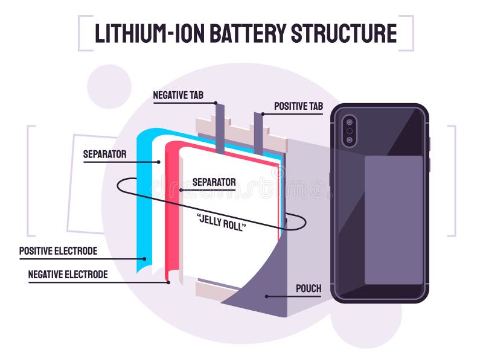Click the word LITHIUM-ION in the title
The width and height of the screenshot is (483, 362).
150,33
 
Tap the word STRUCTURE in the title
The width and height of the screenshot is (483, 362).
344,33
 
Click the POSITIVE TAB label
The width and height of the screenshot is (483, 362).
298,106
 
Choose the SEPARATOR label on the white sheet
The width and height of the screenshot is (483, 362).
214,182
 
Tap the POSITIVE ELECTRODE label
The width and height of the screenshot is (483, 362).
58,251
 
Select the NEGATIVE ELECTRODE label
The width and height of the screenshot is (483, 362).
68,275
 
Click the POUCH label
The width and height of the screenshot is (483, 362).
309,288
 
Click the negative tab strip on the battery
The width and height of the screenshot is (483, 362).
220,127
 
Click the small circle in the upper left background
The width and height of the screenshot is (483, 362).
109,86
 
